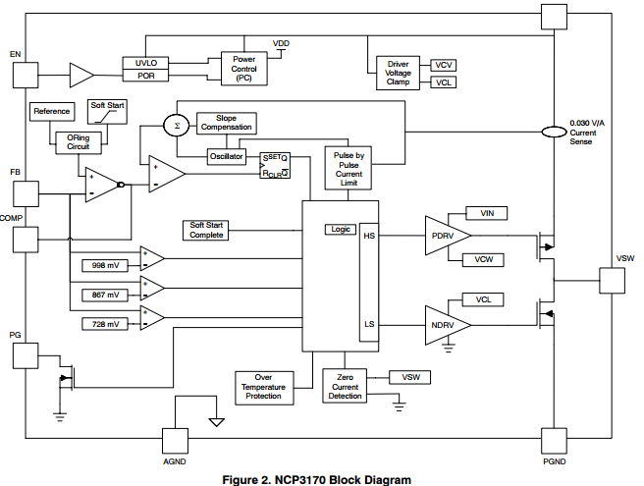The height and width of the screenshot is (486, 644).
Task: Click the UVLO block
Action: click(x=146, y=62)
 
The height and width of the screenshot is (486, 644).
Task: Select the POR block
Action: click(x=146, y=76)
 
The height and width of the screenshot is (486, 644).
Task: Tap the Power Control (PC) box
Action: click(x=243, y=69)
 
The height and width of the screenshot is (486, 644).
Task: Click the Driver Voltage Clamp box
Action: click(x=398, y=74)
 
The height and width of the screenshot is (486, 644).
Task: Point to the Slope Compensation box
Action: click(x=226, y=122)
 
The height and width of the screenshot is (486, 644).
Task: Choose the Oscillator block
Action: click(x=226, y=156)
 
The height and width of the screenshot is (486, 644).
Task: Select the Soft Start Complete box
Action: click(x=206, y=230)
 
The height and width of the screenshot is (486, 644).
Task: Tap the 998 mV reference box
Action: click(x=105, y=265)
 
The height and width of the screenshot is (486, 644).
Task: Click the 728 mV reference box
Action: click(x=105, y=323)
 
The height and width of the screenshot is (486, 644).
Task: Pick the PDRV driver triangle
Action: click(x=445, y=236)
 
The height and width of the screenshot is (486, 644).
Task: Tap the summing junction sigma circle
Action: click(x=177, y=126)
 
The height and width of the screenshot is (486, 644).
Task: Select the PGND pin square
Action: click(x=554, y=441)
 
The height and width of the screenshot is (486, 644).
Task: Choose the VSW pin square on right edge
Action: click(x=613, y=279)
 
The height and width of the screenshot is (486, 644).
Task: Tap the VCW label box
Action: click(x=483, y=259)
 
